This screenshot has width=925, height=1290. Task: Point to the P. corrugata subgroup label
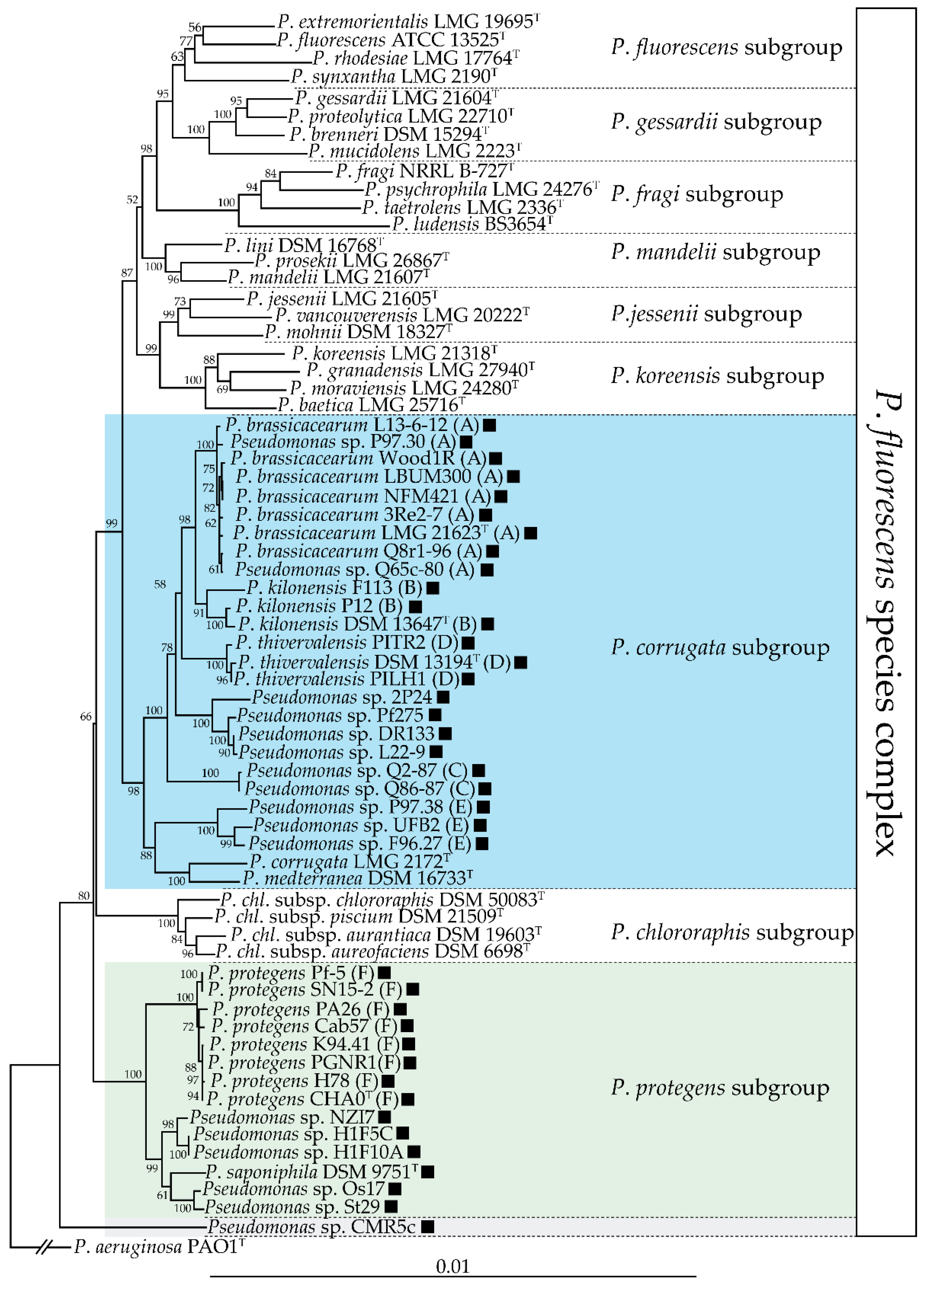tap(720, 647)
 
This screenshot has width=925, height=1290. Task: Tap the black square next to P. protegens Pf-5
tap(385, 973)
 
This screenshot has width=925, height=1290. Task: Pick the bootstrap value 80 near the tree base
tap(84, 896)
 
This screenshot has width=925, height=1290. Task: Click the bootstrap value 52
tap(132, 200)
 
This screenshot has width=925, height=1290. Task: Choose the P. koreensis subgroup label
tap(717, 375)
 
